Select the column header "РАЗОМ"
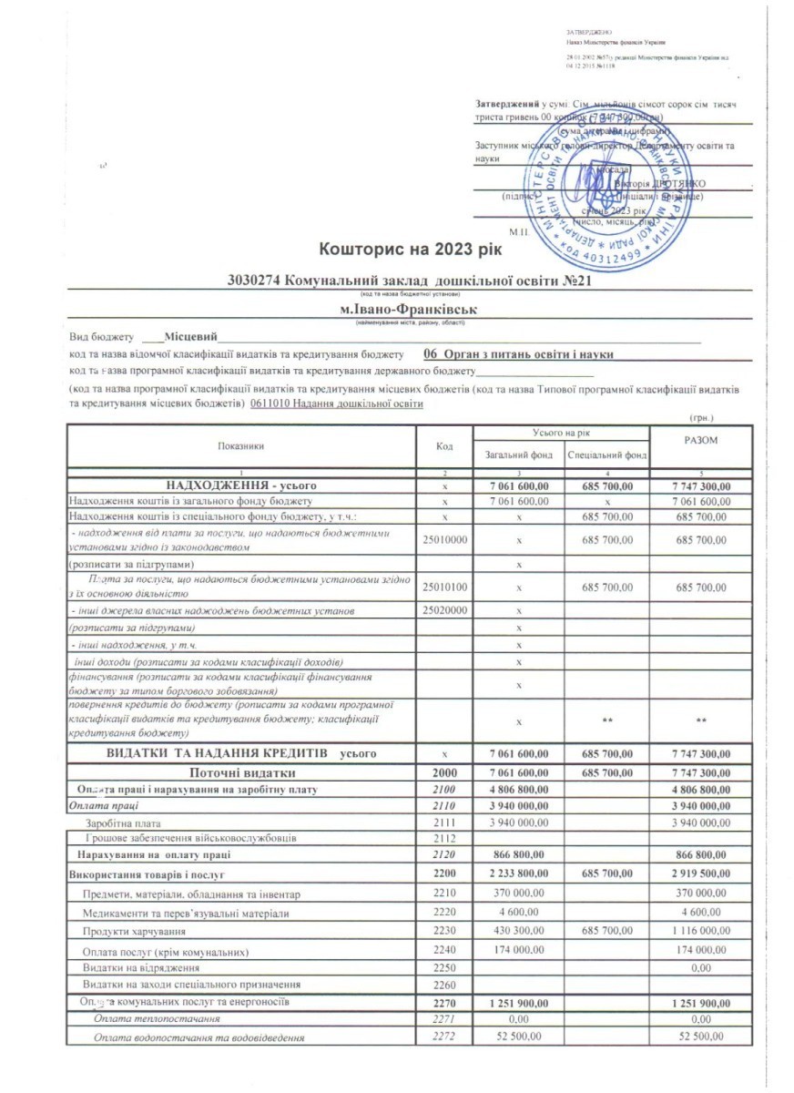tap(700, 441)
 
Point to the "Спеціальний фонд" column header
tap(606, 454)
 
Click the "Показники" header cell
tap(241, 446)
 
